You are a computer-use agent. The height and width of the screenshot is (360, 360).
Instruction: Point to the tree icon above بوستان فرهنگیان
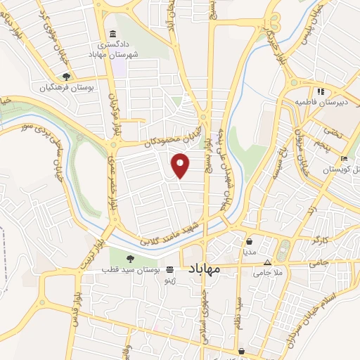[x=66, y=77]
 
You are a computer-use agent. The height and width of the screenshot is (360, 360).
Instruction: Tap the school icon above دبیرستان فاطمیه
[x=319, y=91]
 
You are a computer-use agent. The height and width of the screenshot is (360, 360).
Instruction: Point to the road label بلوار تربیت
[x=94, y=250]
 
